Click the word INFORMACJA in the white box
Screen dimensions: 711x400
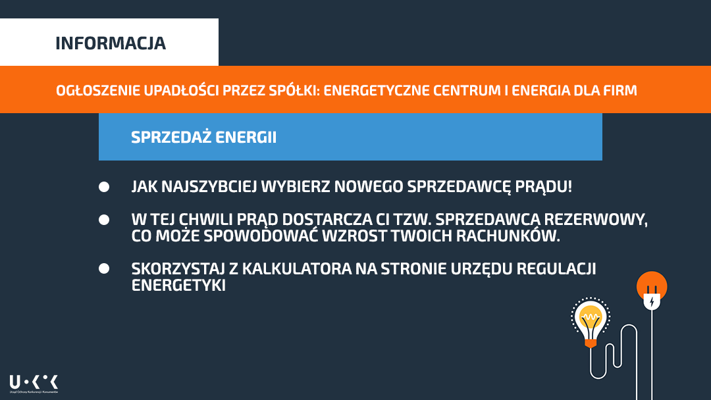tap(111, 43)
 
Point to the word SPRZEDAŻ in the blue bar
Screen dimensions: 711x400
tap(171, 137)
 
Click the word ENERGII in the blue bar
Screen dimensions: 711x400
tap(246, 137)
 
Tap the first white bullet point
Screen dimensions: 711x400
tap(104, 187)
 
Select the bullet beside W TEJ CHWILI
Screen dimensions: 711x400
tap(104, 220)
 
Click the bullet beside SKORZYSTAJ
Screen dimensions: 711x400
tap(104, 268)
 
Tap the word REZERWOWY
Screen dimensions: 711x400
tap(596, 219)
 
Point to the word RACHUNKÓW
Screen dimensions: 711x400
tap(508, 236)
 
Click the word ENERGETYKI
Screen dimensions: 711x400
tap(178, 285)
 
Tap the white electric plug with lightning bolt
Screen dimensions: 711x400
tap(652, 299)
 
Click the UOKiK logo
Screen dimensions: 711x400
tap(34, 384)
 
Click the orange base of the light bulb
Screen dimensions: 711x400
tap(591, 344)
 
